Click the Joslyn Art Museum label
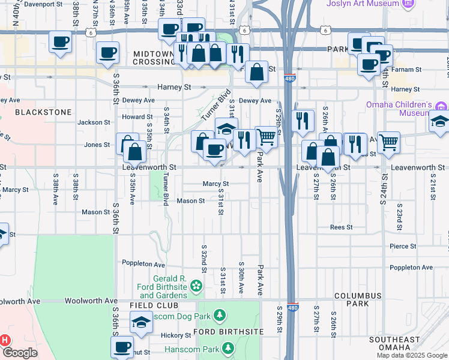362,4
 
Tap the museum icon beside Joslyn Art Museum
409,4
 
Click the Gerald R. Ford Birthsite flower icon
196,289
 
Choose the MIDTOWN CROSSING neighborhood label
145,58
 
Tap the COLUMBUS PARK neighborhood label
358,300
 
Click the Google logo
20,353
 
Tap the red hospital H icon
5,340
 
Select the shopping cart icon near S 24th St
388,142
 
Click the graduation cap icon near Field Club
141,323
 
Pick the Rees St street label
341,227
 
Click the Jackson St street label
94,122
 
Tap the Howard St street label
133,117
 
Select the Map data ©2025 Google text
412,356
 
